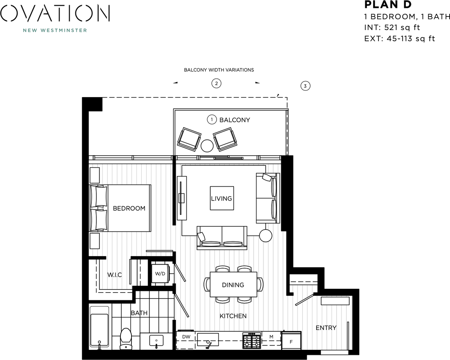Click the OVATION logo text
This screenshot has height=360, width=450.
[x=55, y=13]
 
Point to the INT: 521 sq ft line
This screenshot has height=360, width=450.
[x=392, y=27]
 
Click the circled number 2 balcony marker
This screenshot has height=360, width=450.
[x=216, y=83]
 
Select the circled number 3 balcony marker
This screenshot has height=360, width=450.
[x=305, y=86]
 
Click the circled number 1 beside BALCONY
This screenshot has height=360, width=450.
[x=212, y=120]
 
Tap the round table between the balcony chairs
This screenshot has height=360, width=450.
[x=207, y=145]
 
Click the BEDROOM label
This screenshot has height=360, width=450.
[x=129, y=208]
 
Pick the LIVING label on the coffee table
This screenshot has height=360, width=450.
[x=221, y=198]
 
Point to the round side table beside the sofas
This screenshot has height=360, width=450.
[x=266, y=235]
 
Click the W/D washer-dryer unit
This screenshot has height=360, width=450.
[x=160, y=274]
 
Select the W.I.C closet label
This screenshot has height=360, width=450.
[x=114, y=275]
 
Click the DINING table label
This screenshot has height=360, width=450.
[x=233, y=285]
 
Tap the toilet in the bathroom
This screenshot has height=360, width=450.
[x=126, y=337]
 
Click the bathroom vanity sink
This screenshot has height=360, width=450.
[x=156, y=340]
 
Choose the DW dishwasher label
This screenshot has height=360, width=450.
[x=186, y=337]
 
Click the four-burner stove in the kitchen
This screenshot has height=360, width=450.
[x=252, y=340]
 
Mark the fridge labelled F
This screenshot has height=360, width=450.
[x=292, y=341]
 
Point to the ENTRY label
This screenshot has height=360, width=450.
[x=326, y=328]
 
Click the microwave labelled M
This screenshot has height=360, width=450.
[x=271, y=337]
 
